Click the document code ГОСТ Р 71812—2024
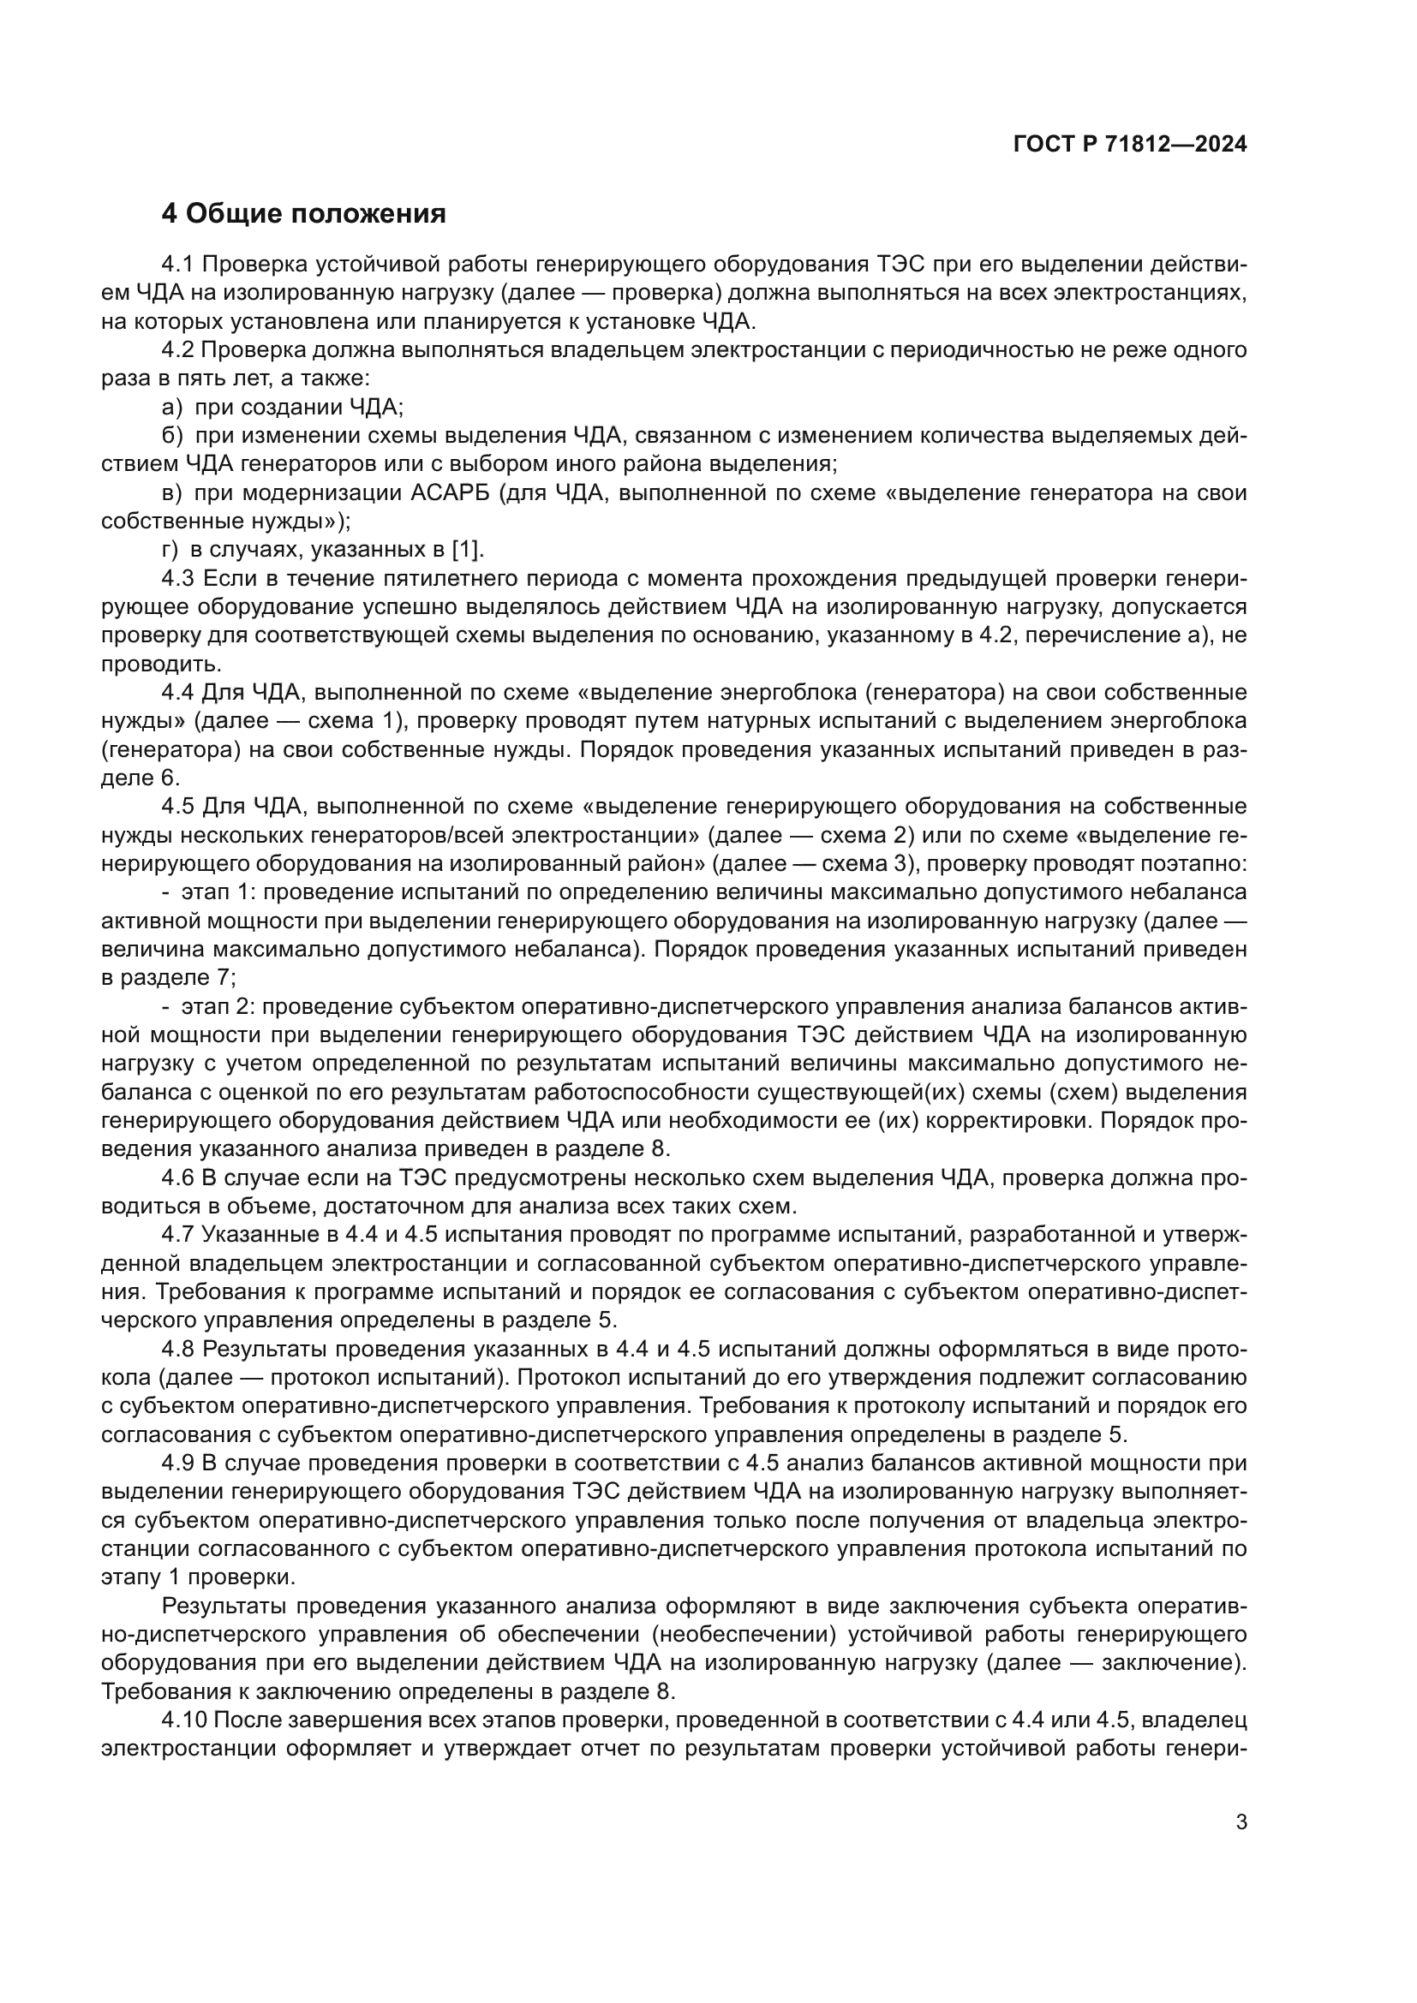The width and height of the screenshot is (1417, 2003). click(1130, 145)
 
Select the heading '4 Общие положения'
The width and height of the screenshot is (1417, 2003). click(303, 214)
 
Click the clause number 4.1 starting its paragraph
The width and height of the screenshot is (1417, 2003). click(179, 265)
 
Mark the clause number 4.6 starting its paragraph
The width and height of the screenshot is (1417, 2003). click(179, 1178)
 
